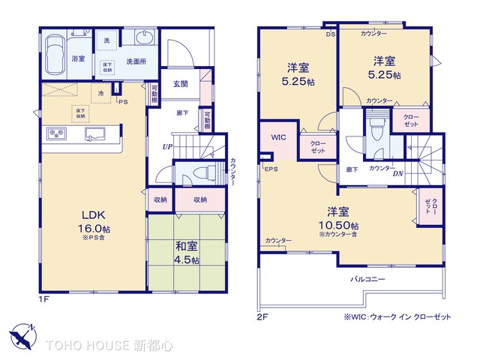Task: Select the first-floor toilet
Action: coord(197,173)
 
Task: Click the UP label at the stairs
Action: coord(167,147)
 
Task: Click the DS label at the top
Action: coord(331,34)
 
